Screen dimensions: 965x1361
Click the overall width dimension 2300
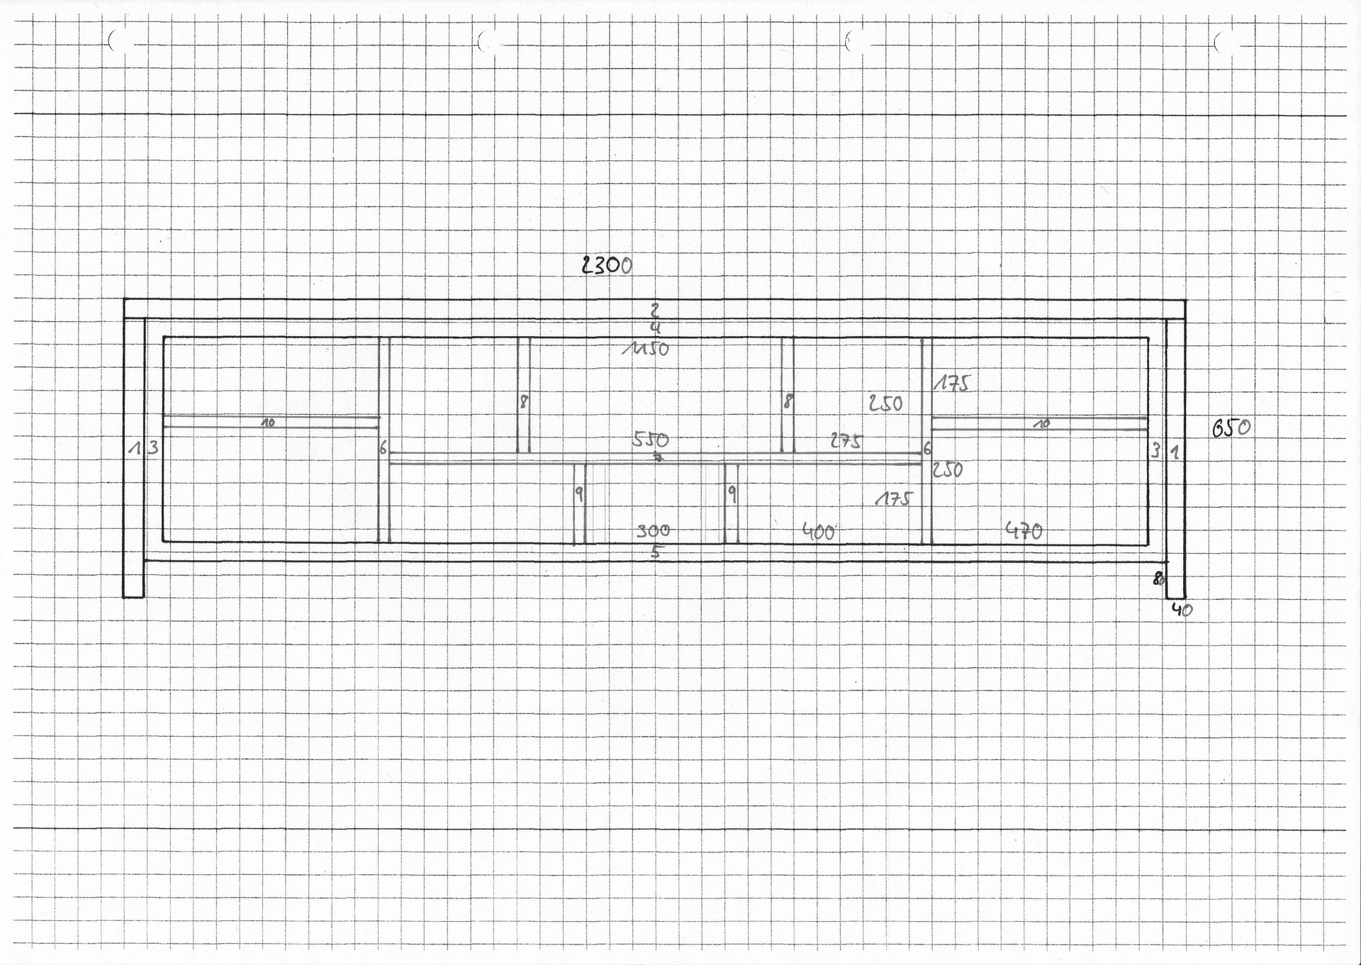(607, 265)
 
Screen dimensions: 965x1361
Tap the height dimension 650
(1231, 428)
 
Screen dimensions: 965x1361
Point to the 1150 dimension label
(646, 349)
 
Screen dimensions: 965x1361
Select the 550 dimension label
(650, 439)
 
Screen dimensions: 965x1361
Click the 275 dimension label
(846, 441)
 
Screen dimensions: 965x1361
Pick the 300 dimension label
(653, 530)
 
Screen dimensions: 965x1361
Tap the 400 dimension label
(819, 531)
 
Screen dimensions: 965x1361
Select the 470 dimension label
(1024, 530)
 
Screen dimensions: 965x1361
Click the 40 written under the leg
(1182, 609)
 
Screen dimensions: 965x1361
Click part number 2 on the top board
(655, 310)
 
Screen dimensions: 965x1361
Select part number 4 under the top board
(655, 328)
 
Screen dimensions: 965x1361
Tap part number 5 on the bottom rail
(656, 552)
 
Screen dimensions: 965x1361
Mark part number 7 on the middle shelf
(658, 458)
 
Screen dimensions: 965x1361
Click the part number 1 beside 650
(1175, 451)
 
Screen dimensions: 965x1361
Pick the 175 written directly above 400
(894, 499)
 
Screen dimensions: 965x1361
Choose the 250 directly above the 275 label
(885, 403)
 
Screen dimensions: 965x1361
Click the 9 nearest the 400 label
(732, 494)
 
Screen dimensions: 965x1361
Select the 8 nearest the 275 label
(787, 402)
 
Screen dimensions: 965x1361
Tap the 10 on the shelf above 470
(1042, 424)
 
